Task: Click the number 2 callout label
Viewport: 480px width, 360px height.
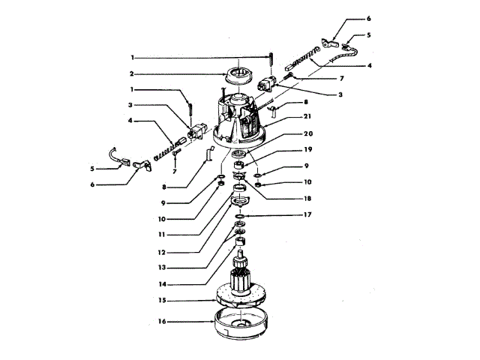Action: click(131, 74)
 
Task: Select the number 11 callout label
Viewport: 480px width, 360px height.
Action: click(162, 235)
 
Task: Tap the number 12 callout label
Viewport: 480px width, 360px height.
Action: click(162, 250)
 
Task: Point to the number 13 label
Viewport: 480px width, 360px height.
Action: click(162, 266)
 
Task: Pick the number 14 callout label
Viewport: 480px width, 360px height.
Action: click(162, 283)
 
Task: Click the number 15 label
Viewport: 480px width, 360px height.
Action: click(162, 301)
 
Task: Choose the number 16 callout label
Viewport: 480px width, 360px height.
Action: click(162, 322)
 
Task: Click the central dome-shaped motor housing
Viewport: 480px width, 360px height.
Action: click(240, 120)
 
